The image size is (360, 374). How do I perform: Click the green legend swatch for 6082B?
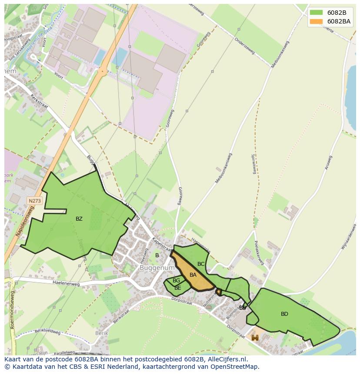pos(316,12)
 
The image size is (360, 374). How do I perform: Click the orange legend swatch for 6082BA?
pos(316,21)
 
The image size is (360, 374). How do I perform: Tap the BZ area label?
pos(79,219)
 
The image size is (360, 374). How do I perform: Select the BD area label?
pos(284,314)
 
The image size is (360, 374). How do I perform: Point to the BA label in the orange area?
pos(193,275)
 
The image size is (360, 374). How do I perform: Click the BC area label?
pos(201,264)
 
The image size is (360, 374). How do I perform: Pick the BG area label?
pos(176,281)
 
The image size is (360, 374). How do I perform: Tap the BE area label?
pos(177,288)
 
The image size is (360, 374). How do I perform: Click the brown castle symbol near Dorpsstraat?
pos(255,338)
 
